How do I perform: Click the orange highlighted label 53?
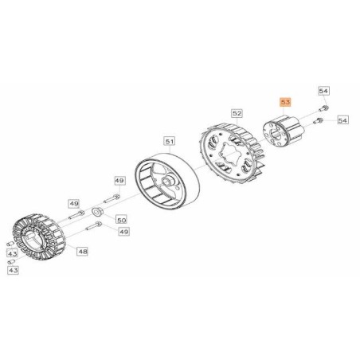point(285,102)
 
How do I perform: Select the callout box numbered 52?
point(237,114)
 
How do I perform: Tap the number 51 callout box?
point(170,142)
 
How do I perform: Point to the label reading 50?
point(121,220)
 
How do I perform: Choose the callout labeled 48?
point(83,251)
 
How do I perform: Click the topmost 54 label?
point(323,91)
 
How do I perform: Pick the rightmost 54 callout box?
point(342,120)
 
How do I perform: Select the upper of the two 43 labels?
point(13,254)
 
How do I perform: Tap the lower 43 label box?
point(13,270)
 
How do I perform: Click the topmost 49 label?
point(119,181)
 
